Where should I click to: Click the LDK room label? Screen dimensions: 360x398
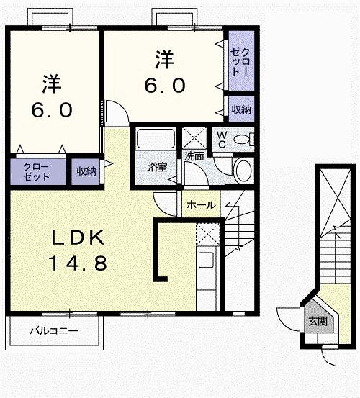[x=78, y=238]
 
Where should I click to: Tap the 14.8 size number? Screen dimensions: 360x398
[x=78, y=263]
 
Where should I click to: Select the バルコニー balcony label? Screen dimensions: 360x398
[x=54, y=331]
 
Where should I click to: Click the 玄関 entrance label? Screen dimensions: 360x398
[x=318, y=322]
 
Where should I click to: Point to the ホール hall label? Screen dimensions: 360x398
[x=201, y=205]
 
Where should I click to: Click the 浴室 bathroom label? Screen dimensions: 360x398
[x=158, y=167]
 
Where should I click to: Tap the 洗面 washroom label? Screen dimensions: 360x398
[x=194, y=156]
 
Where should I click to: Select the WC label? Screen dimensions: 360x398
[x=222, y=140]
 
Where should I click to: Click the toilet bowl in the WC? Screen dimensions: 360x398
[x=243, y=140]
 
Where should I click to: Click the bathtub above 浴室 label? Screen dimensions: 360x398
[x=156, y=138]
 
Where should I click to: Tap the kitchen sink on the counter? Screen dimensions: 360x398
[x=206, y=259]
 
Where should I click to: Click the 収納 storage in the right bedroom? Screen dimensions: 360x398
[x=241, y=109]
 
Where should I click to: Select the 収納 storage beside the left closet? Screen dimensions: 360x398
[x=86, y=171]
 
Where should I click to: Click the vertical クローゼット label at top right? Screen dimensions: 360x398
[x=240, y=62]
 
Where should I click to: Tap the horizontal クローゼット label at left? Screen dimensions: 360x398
[x=36, y=172]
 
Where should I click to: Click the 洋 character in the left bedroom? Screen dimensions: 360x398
[x=52, y=83]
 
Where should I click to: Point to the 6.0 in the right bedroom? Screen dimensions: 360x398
[x=165, y=85]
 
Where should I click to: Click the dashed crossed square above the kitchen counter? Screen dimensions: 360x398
[x=208, y=234]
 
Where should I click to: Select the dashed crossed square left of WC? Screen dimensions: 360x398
[x=194, y=137]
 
